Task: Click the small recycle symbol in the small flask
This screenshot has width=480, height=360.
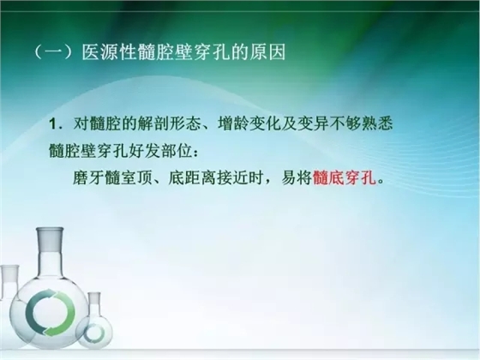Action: (x=93, y=331)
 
